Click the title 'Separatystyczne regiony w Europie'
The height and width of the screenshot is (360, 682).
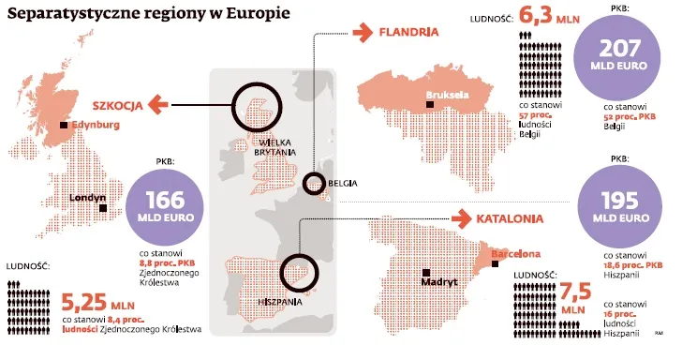point(145,16)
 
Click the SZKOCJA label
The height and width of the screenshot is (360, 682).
point(115,106)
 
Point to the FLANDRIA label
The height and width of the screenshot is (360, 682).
point(408,32)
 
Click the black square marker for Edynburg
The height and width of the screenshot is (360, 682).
point(64,125)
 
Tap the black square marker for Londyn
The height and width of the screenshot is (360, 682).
point(103,208)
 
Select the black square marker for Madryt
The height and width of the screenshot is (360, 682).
point(426,270)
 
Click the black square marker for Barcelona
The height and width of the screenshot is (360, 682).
point(483,254)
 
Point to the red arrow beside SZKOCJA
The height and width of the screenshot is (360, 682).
point(159,105)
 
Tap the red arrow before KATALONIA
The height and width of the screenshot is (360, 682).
point(459,219)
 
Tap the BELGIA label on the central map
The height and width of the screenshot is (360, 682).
point(343,183)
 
